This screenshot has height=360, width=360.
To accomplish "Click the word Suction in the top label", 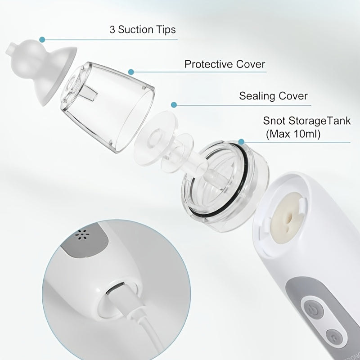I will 135,30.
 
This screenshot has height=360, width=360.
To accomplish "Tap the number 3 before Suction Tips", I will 112,30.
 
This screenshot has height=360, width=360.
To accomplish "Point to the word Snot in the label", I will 273,121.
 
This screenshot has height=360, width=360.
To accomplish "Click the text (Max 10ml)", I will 293,134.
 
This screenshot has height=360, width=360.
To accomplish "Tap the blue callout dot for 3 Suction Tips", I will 42,39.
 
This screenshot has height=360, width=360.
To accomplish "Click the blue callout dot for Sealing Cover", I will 173,105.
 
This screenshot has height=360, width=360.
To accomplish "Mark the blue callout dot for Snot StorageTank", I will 242,142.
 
